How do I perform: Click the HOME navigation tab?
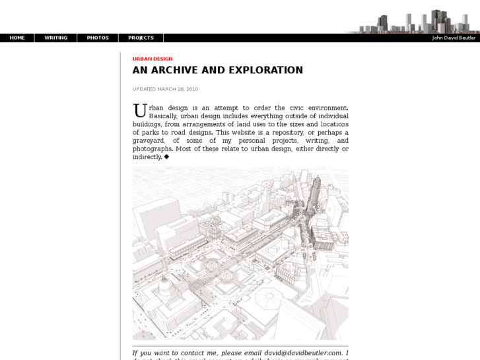coord(17,38)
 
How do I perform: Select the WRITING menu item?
coord(56,38)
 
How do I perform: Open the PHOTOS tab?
coord(98,38)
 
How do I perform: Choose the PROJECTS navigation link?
coord(141,38)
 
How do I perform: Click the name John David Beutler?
coord(454,38)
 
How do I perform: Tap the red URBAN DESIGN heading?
coord(153,59)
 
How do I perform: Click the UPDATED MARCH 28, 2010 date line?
coord(165,89)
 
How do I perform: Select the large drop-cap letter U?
coord(139,110)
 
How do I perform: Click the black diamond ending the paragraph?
coord(166,157)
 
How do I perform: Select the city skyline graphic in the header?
coord(416,22)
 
